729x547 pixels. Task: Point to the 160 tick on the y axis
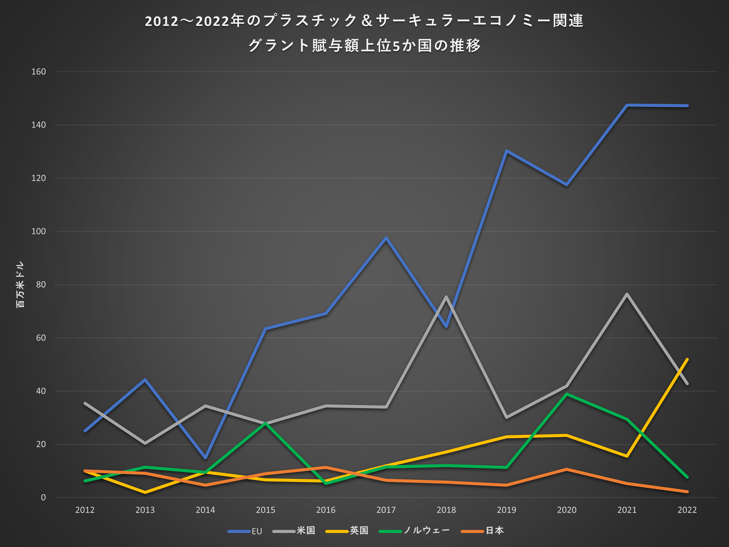click(x=39, y=72)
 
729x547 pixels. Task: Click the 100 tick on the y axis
click(x=39, y=232)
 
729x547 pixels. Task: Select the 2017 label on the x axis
click(x=386, y=510)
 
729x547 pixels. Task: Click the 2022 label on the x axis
click(x=687, y=510)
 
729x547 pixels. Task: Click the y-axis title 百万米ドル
click(x=20, y=284)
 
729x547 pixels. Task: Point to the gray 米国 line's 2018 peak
click(x=446, y=297)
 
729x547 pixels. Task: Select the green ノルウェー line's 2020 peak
click(x=567, y=394)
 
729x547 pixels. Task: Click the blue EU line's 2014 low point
click(x=205, y=458)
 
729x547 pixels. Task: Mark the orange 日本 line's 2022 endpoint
click(x=687, y=492)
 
